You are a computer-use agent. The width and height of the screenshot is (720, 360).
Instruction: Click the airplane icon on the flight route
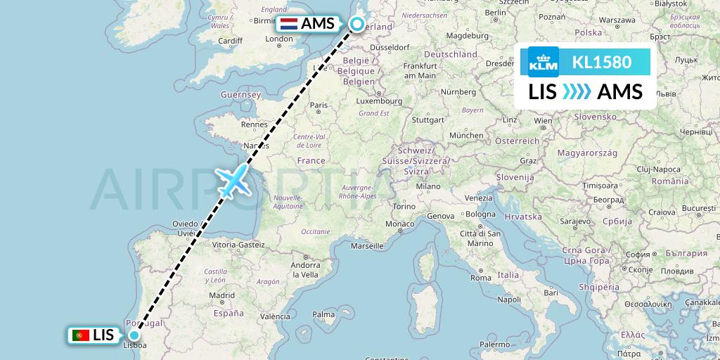(x=234, y=181)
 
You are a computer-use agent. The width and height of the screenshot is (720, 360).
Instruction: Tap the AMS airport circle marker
(x=357, y=25)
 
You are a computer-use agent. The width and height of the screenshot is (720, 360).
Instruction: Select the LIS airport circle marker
(x=134, y=335)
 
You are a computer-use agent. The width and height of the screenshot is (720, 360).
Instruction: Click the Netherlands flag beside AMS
(x=289, y=23)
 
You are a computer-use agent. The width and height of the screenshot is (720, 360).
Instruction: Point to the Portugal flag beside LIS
(x=80, y=335)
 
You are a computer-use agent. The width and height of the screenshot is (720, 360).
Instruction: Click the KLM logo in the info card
(x=544, y=62)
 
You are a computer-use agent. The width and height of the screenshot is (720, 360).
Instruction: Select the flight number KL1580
(x=601, y=62)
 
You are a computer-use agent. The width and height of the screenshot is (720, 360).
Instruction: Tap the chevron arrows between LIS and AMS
(x=577, y=92)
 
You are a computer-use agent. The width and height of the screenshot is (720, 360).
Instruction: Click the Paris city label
(x=319, y=105)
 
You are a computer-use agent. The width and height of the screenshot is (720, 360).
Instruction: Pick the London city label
(x=278, y=39)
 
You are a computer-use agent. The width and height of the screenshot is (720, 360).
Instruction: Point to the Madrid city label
(x=221, y=295)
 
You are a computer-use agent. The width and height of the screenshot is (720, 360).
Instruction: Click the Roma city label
(x=481, y=278)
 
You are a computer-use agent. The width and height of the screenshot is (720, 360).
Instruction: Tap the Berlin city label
(x=496, y=12)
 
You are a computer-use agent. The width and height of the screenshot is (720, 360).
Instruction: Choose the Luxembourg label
(x=379, y=101)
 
